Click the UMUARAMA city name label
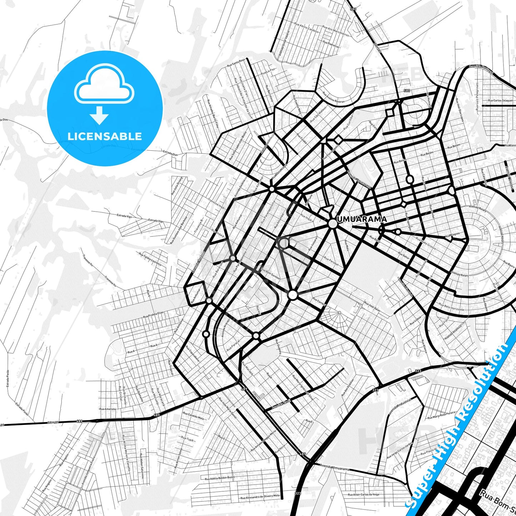(x=361, y=219)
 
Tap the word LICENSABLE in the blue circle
(x=105, y=136)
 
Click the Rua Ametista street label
(x=107, y=409)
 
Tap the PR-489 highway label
(x=53, y=423)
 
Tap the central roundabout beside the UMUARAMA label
(x=332, y=224)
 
